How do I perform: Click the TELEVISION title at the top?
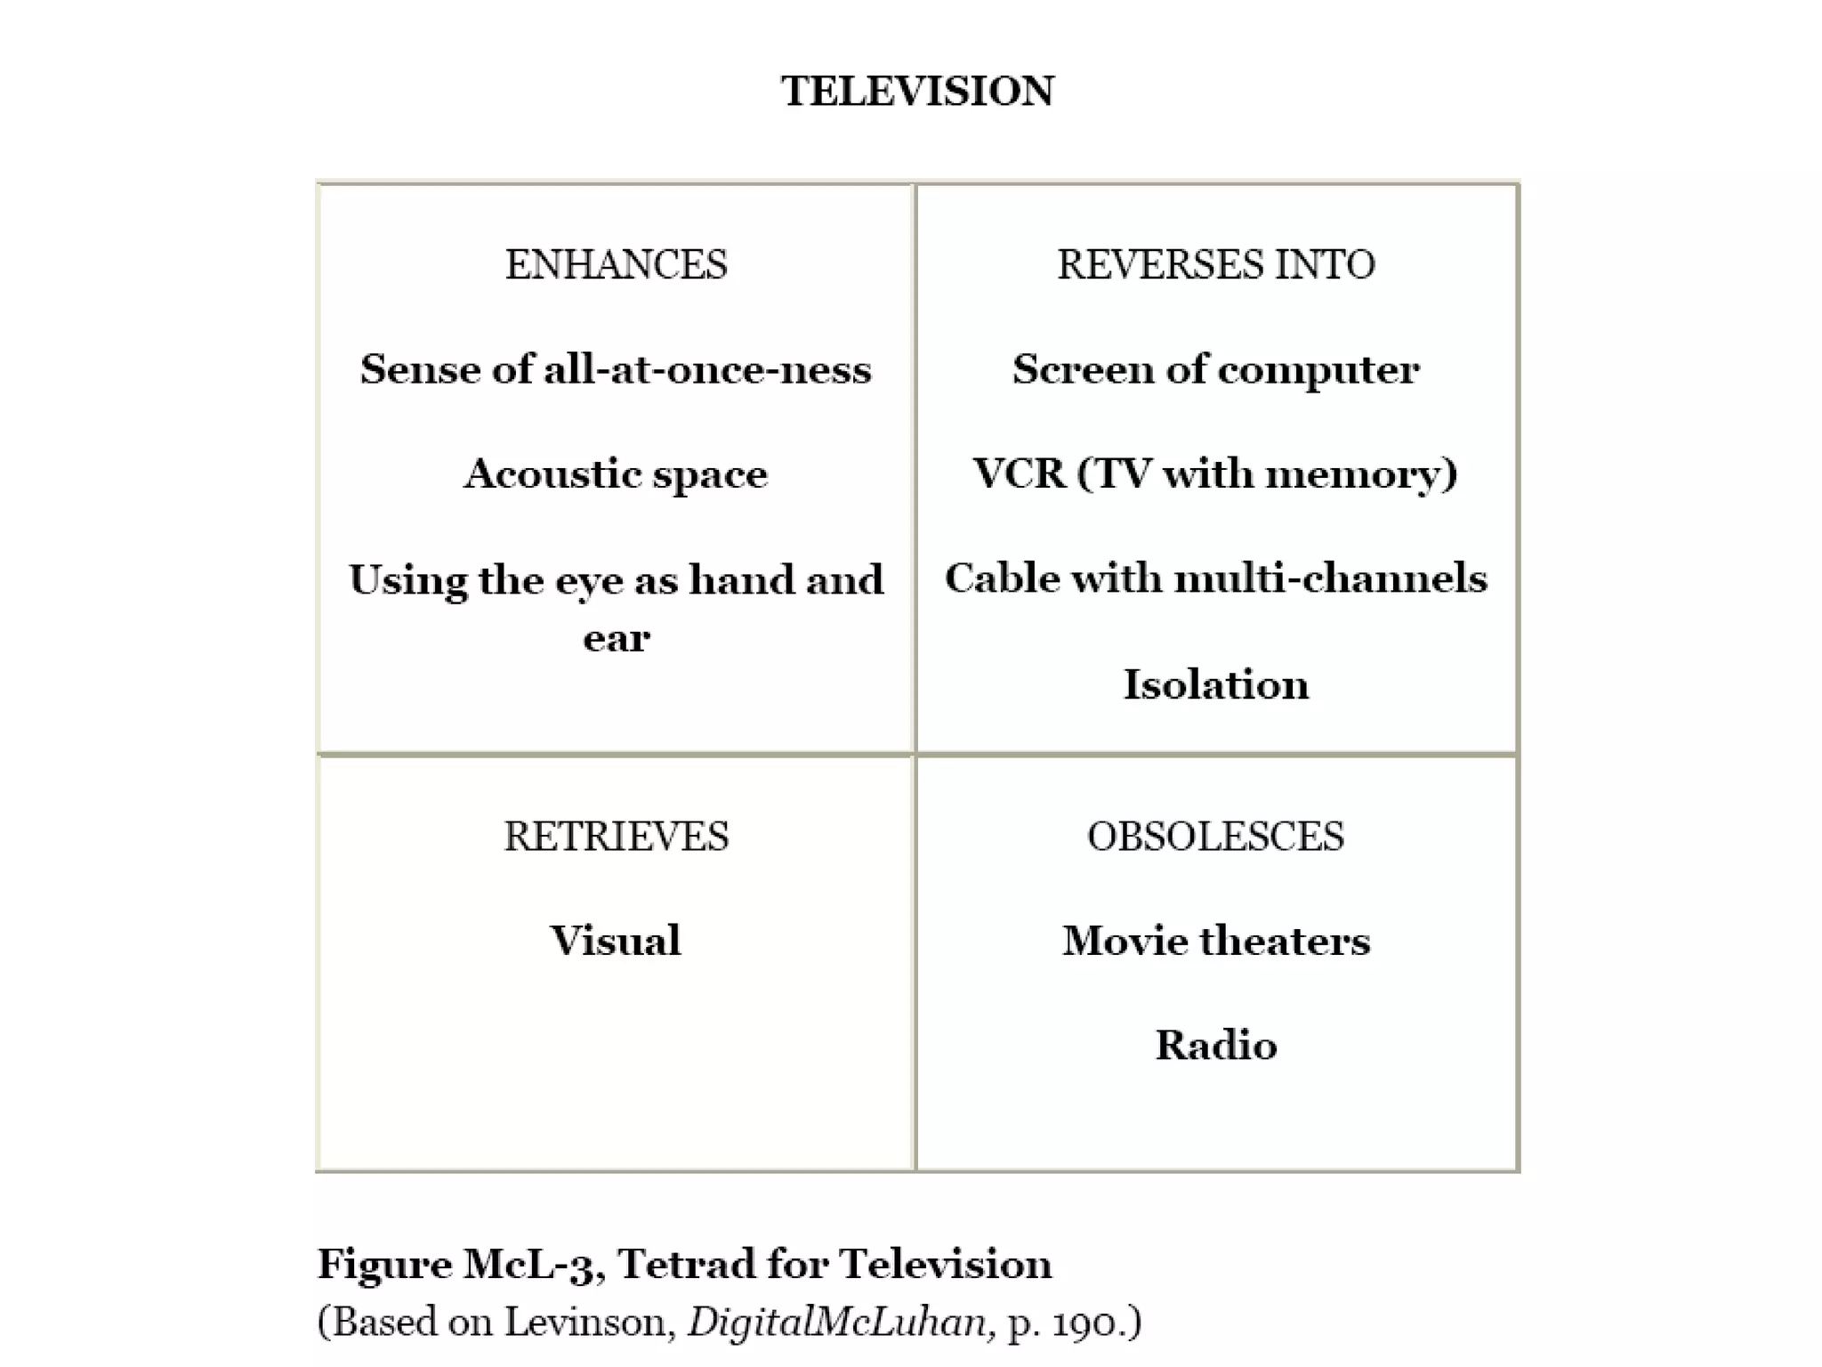[917, 91]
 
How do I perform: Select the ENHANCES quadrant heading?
[616, 264]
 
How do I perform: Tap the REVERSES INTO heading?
[1215, 264]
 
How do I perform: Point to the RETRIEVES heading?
[616, 836]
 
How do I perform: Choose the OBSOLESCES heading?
[1215, 836]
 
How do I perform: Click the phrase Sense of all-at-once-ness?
[616, 368]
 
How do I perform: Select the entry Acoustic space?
[616, 473]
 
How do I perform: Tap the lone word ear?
[617, 638]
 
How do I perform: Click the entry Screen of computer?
[1215, 368]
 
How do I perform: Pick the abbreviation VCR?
[1019, 473]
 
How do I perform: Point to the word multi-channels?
[1330, 578]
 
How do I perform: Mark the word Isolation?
[1215, 684]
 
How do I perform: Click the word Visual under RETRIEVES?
[616, 941]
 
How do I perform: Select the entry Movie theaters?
[1215, 941]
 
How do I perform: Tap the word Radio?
[1215, 1045]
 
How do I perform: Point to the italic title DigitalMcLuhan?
[837, 1323]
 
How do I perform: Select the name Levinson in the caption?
[585, 1323]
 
